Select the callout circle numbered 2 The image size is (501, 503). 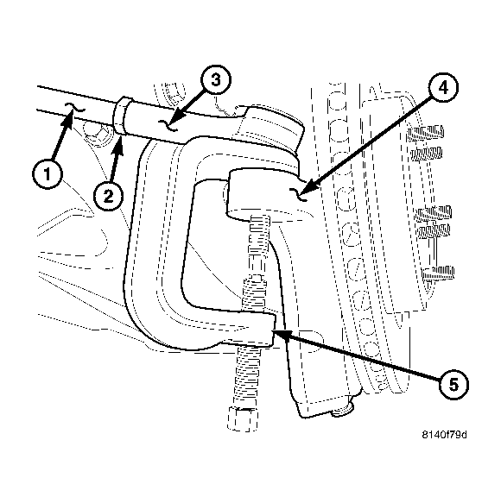click(x=107, y=196)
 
